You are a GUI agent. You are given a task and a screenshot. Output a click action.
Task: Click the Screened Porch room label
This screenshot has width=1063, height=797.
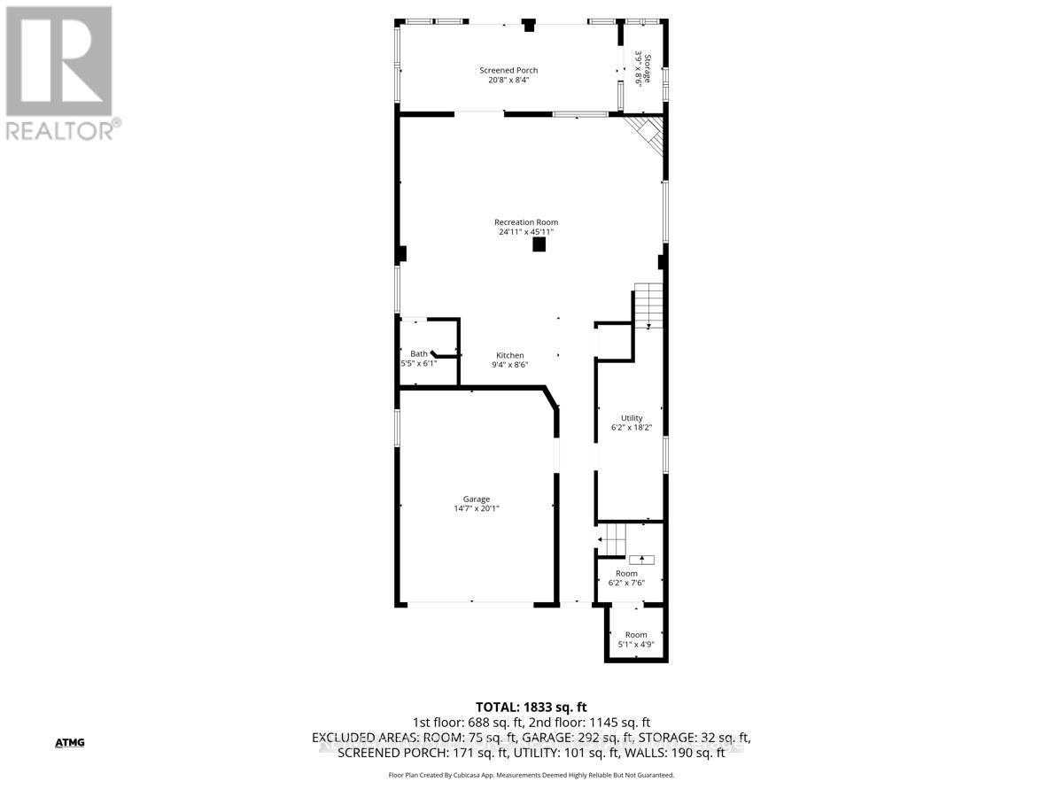click(508, 71)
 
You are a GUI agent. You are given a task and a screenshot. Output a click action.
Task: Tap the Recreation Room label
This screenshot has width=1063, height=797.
click(526, 222)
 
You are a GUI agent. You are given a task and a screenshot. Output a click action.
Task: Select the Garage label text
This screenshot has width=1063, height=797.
click(477, 499)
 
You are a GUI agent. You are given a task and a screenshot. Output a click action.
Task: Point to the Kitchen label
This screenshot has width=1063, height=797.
click(509, 356)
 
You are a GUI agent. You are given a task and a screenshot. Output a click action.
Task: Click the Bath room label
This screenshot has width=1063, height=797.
click(418, 354)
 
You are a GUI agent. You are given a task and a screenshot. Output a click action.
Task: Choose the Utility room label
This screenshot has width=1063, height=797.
click(632, 418)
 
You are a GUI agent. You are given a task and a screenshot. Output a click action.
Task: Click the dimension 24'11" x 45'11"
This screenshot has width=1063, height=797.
click(526, 232)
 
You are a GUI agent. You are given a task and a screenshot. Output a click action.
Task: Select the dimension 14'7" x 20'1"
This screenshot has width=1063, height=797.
click(477, 508)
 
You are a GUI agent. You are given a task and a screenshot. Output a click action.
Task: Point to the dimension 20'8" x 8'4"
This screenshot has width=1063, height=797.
click(508, 80)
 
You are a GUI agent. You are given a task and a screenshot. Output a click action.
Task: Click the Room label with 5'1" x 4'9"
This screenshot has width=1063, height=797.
click(636, 635)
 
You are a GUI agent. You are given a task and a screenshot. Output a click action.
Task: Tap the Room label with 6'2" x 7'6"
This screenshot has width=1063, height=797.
click(626, 574)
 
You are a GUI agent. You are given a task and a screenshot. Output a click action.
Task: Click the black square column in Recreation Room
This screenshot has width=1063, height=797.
click(539, 245)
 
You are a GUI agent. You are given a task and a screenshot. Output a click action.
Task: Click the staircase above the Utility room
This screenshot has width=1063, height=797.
click(648, 305)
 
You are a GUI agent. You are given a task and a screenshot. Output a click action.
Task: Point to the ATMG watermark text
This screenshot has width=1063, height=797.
click(69, 742)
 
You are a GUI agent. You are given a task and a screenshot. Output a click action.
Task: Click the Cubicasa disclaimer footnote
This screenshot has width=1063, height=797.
click(531, 775)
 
